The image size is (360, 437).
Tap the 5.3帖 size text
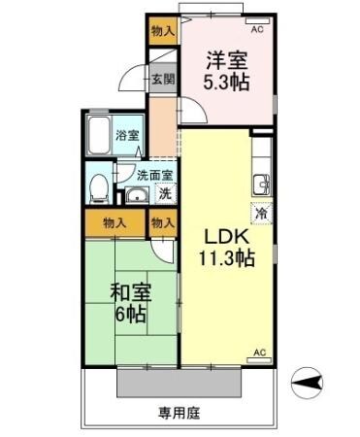click(226, 83)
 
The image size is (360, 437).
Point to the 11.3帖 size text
click(227, 259)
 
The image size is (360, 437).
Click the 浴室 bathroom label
click(126, 136)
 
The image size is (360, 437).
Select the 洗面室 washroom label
click(153, 176)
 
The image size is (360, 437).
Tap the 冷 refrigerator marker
click(260, 212)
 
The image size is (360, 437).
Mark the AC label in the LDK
click(259, 351)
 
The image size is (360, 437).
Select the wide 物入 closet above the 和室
click(115, 223)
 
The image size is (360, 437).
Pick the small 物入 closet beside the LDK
click(163, 223)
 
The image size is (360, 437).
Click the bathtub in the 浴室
click(98, 138)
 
